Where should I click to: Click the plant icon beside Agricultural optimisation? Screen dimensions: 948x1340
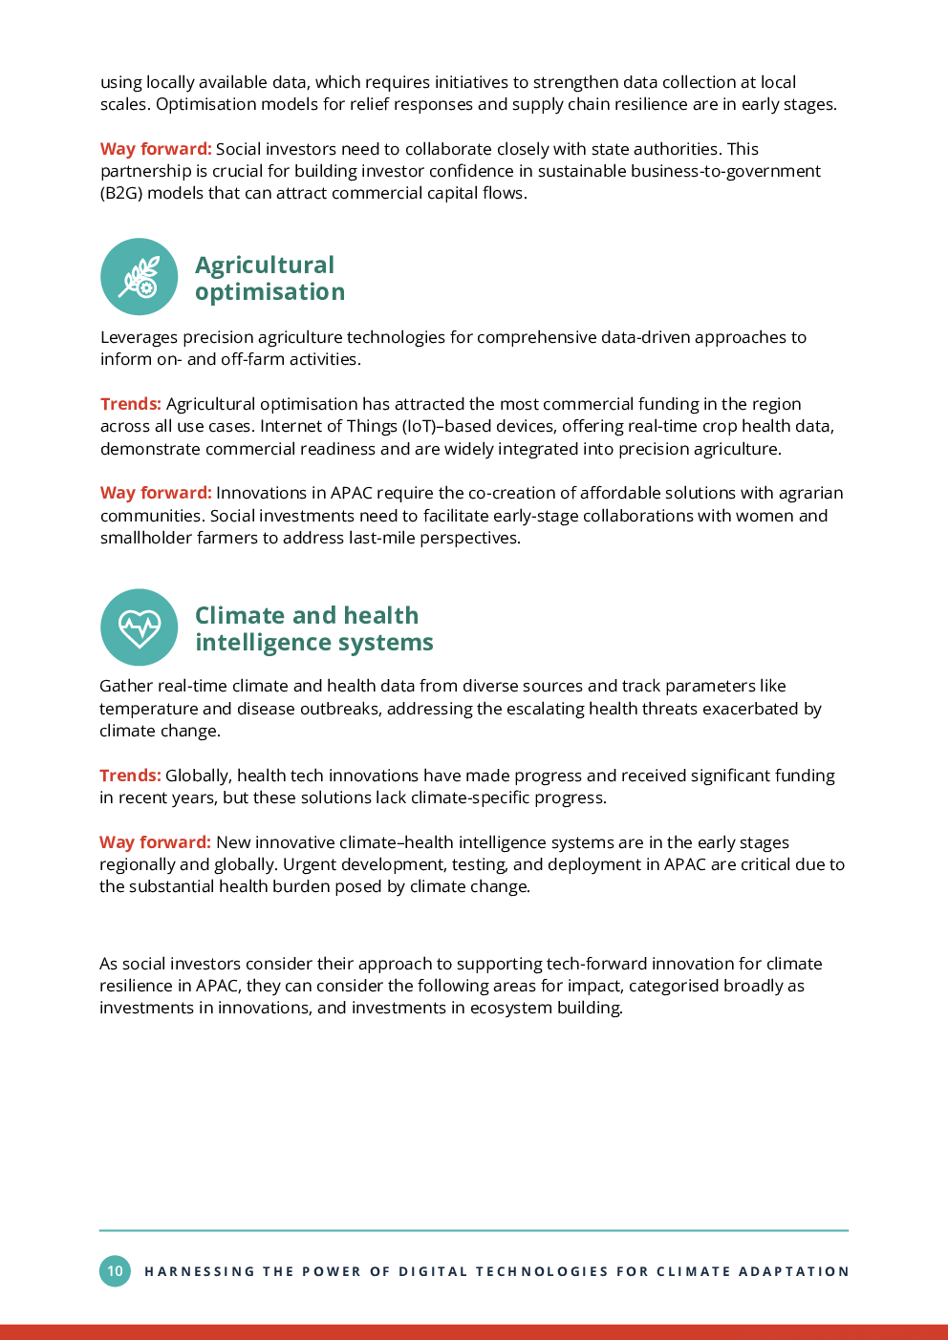(x=139, y=276)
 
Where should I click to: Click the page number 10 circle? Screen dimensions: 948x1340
(x=115, y=1270)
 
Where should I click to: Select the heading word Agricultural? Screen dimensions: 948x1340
(x=265, y=266)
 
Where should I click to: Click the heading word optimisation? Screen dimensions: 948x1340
(x=269, y=292)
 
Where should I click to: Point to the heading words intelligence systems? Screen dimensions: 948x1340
(x=314, y=643)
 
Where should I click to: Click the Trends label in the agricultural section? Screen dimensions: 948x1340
(x=131, y=404)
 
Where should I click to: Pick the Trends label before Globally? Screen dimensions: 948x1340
(x=130, y=776)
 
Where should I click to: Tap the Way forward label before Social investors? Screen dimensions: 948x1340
(x=156, y=148)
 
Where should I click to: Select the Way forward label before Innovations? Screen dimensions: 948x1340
(x=156, y=492)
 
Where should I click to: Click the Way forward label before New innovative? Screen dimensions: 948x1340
(x=155, y=841)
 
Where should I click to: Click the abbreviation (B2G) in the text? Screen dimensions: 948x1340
(x=121, y=193)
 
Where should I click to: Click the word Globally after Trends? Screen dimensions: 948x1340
(x=199, y=776)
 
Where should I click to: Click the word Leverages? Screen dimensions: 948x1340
(x=139, y=338)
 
